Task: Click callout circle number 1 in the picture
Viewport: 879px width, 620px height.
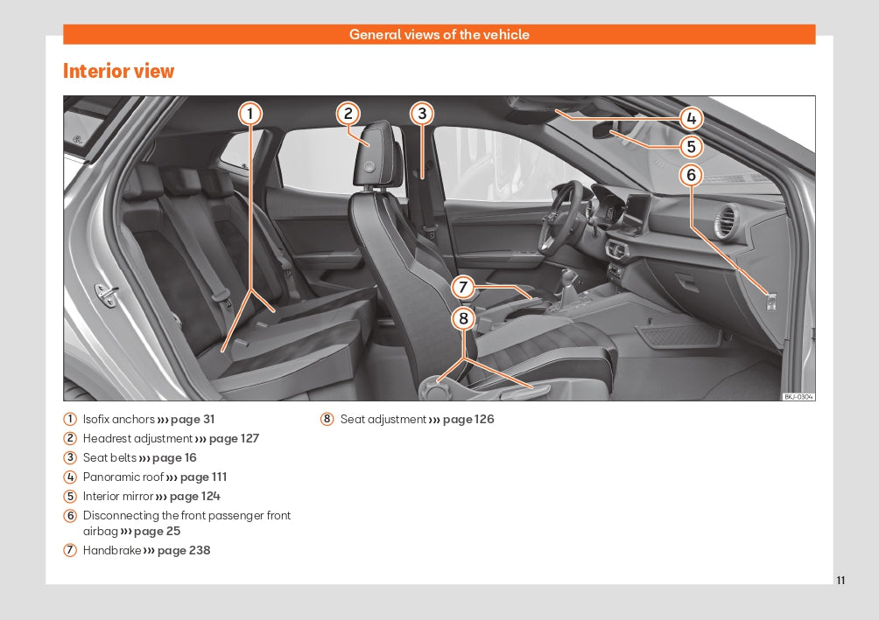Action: click(250, 113)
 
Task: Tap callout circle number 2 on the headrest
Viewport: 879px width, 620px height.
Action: click(348, 113)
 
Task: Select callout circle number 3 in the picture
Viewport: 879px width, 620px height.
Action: click(422, 113)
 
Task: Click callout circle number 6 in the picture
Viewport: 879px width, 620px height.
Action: click(691, 175)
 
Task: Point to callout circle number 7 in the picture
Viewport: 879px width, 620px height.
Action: click(463, 286)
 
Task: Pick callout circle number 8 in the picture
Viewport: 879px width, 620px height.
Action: click(463, 318)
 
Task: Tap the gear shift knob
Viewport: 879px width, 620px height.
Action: click(570, 277)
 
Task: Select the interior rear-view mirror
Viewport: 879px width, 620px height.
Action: click(611, 131)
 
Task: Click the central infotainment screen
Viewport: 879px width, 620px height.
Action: click(636, 210)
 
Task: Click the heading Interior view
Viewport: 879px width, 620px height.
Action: click(118, 71)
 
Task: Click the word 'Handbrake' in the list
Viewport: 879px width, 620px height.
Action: click(111, 551)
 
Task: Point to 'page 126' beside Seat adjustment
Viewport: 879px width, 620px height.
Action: click(468, 420)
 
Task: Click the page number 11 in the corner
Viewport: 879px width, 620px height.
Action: click(840, 581)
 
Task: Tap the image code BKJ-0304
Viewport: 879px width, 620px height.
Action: click(798, 396)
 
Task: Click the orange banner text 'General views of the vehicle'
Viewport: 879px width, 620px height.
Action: click(439, 35)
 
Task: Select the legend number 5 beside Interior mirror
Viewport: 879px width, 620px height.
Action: click(70, 497)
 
